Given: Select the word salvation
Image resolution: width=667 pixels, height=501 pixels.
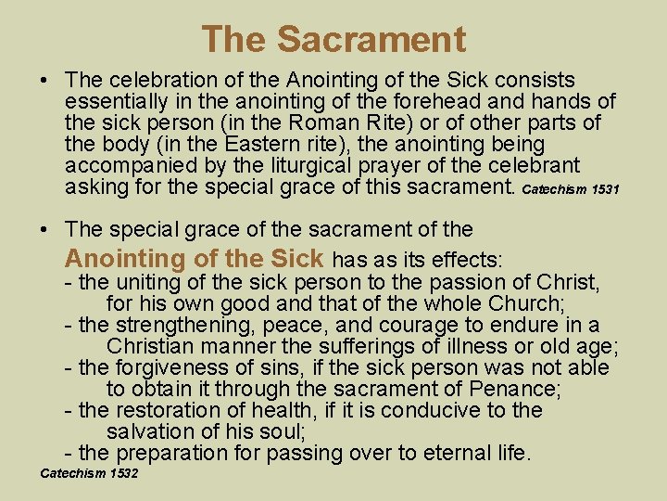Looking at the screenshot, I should tap(151, 431).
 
